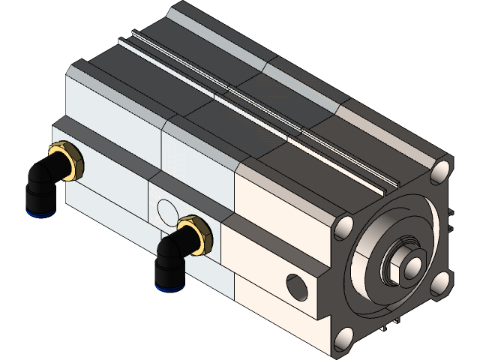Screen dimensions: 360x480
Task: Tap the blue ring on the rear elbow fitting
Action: [x=31, y=212]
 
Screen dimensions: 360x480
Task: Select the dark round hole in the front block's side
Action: [x=297, y=286]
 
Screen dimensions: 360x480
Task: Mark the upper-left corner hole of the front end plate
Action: [x=344, y=227]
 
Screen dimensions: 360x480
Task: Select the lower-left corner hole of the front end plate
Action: [x=343, y=337]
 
